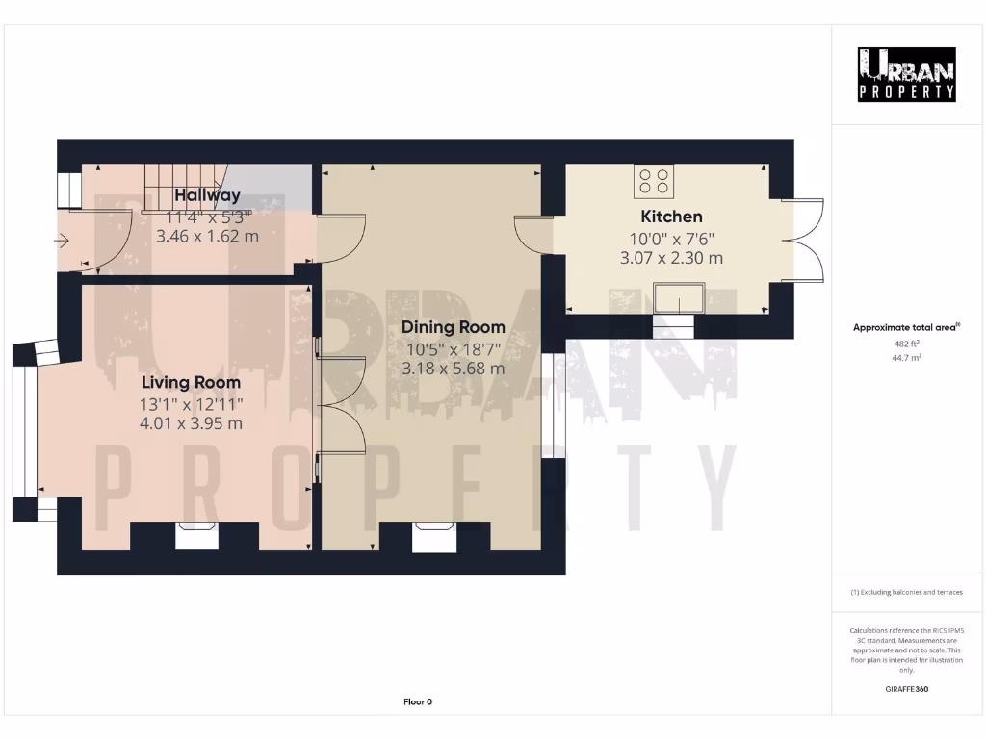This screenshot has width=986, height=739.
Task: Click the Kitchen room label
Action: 671,217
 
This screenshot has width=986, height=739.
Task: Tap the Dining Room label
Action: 453,327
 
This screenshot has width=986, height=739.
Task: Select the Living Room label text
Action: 191,383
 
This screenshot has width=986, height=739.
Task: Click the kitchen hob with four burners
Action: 654,181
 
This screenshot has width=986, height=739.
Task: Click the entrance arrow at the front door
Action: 63,242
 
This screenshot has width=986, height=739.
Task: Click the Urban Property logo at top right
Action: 906,75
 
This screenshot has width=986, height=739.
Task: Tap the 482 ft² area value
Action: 906,344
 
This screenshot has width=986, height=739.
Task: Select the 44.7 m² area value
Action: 906,357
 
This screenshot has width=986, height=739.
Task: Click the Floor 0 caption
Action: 417,702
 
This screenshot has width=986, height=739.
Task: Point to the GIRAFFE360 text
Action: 906,689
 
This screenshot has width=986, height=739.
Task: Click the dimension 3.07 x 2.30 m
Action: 671,258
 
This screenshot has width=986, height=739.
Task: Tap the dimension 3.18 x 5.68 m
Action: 453,369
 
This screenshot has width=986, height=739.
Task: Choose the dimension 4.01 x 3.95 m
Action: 191,423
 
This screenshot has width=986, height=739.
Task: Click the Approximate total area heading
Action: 905,327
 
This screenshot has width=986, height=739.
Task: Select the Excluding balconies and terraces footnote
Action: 906,592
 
